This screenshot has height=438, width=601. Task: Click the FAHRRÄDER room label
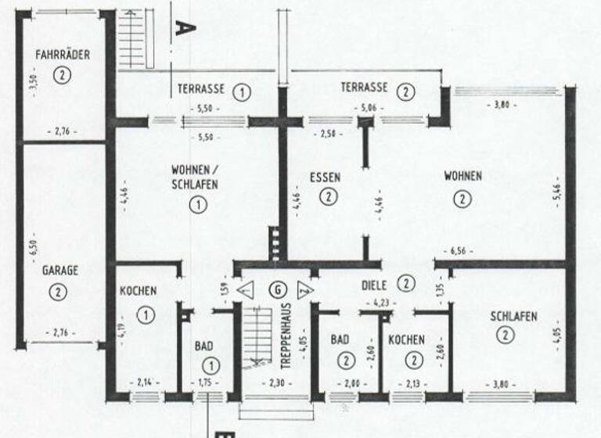point(63,55)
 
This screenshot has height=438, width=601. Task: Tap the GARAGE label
point(60,271)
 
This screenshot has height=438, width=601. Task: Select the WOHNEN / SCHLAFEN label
point(195,177)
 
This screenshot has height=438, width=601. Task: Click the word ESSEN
point(325,177)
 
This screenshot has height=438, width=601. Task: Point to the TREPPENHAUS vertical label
point(287,336)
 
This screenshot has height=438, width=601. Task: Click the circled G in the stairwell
point(275,288)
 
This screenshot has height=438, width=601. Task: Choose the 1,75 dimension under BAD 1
point(207,383)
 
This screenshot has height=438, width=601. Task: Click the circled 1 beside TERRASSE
point(243,92)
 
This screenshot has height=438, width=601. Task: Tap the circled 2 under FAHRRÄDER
point(63,75)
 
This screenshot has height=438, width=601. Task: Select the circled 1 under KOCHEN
point(146,314)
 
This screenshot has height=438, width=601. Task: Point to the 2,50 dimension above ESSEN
point(326,134)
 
